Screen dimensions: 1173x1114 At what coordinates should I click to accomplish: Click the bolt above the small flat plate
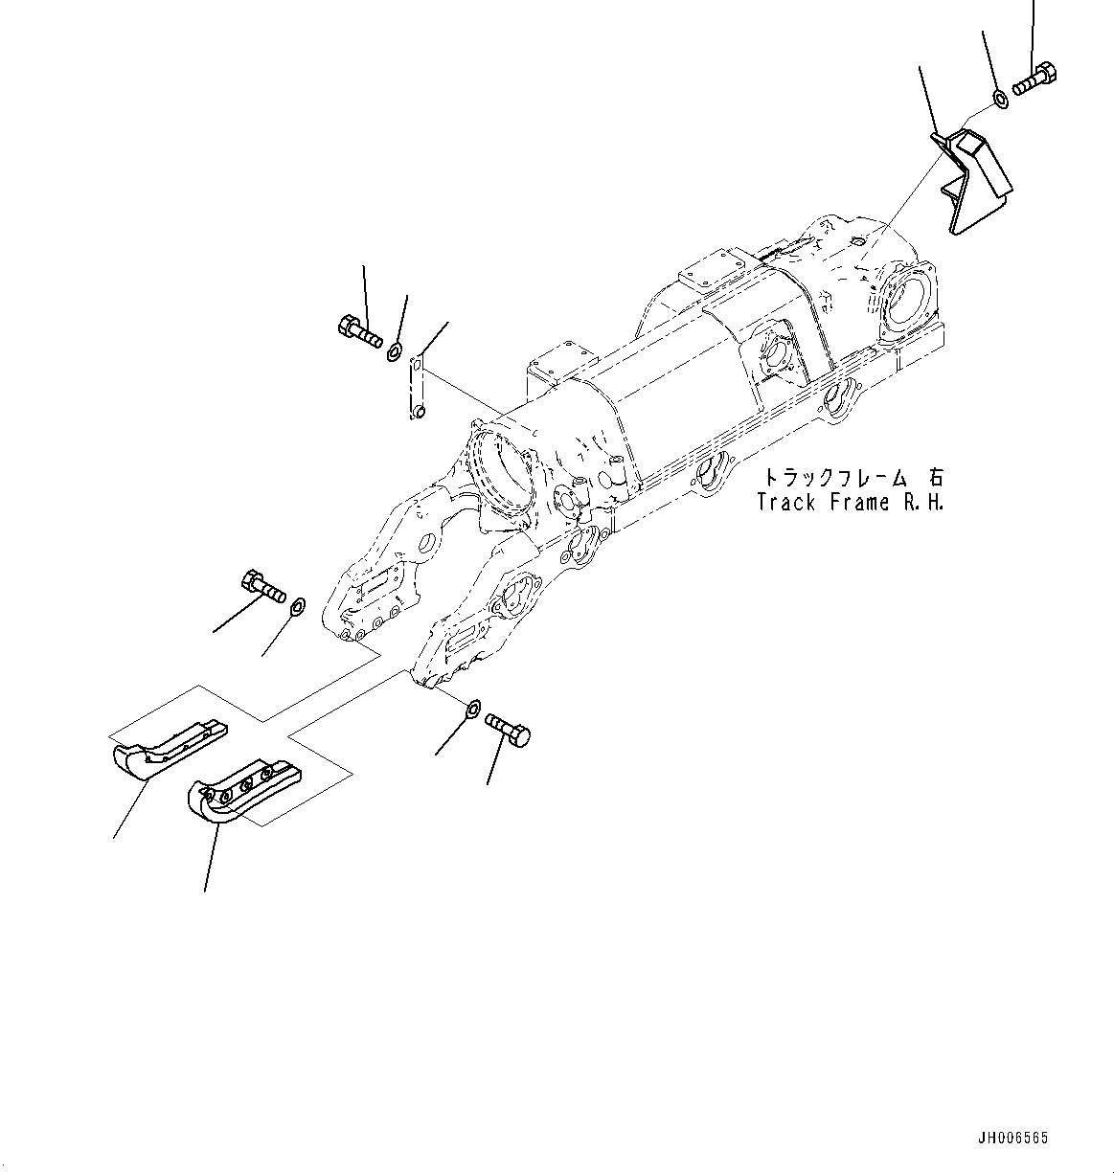[359, 330]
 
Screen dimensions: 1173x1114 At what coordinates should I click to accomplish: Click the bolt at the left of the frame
[261, 586]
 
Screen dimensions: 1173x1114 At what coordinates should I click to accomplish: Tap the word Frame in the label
[859, 502]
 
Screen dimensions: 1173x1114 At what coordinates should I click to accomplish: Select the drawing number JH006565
[1013, 1139]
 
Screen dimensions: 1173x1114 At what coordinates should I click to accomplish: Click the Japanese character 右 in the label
[933, 477]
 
